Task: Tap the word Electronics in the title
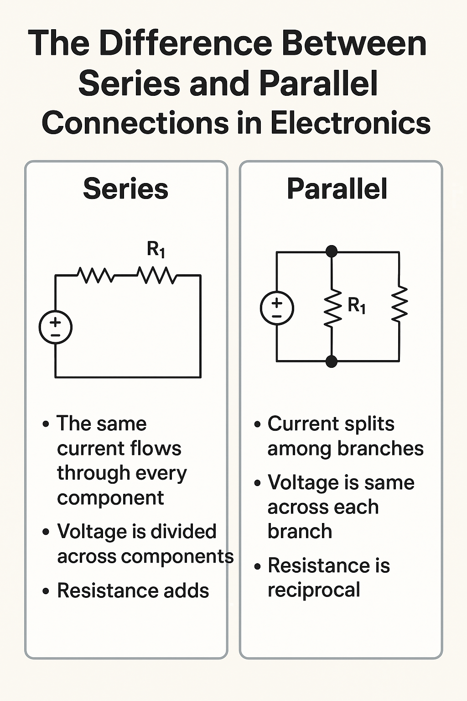pyautogui.click(x=350, y=123)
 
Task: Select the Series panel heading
pyautogui.click(x=125, y=189)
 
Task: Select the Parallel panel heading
pyautogui.click(x=337, y=189)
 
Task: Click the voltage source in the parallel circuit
pyautogui.click(x=277, y=308)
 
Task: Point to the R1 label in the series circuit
pyautogui.click(x=156, y=250)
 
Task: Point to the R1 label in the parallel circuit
pyautogui.click(x=357, y=305)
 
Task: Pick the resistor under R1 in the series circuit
pyautogui.click(x=156, y=275)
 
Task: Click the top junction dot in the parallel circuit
pyautogui.click(x=332, y=251)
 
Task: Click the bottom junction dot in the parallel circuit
pyautogui.click(x=332, y=361)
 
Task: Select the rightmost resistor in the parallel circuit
pyautogui.click(x=400, y=303)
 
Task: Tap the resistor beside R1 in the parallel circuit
pyautogui.click(x=332, y=307)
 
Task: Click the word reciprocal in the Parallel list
pyautogui.click(x=314, y=590)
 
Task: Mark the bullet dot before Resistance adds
pyautogui.click(x=46, y=591)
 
